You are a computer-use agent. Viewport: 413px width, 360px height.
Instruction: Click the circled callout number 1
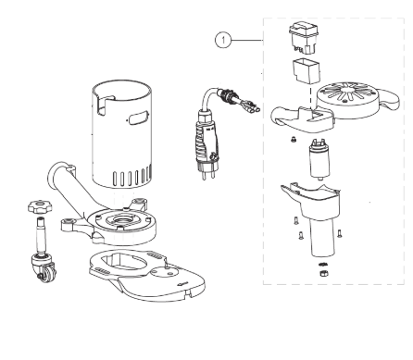pyautogui.click(x=223, y=40)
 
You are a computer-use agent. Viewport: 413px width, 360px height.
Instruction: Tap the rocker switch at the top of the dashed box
pyautogui.click(x=304, y=38)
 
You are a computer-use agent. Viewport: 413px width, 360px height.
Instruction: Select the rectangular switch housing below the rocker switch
pyautogui.click(x=307, y=71)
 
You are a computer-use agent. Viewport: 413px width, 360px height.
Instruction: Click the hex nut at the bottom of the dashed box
pyautogui.click(x=323, y=273)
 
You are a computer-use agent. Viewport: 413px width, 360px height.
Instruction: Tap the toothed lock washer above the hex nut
pyautogui.click(x=323, y=265)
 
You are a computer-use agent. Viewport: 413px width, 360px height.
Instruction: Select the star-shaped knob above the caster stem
pyautogui.click(x=40, y=206)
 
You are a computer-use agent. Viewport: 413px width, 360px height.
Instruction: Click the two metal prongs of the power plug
pyautogui.click(x=208, y=175)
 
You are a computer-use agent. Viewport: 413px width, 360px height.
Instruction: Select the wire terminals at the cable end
pyautogui.click(x=250, y=108)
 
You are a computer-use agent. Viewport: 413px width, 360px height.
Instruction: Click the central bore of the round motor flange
pyautogui.click(x=122, y=220)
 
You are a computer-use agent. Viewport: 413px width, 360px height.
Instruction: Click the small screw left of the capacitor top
pyautogui.click(x=294, y=140)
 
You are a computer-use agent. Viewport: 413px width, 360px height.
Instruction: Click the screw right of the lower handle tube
pyautogui.click(x=340, y=233)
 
